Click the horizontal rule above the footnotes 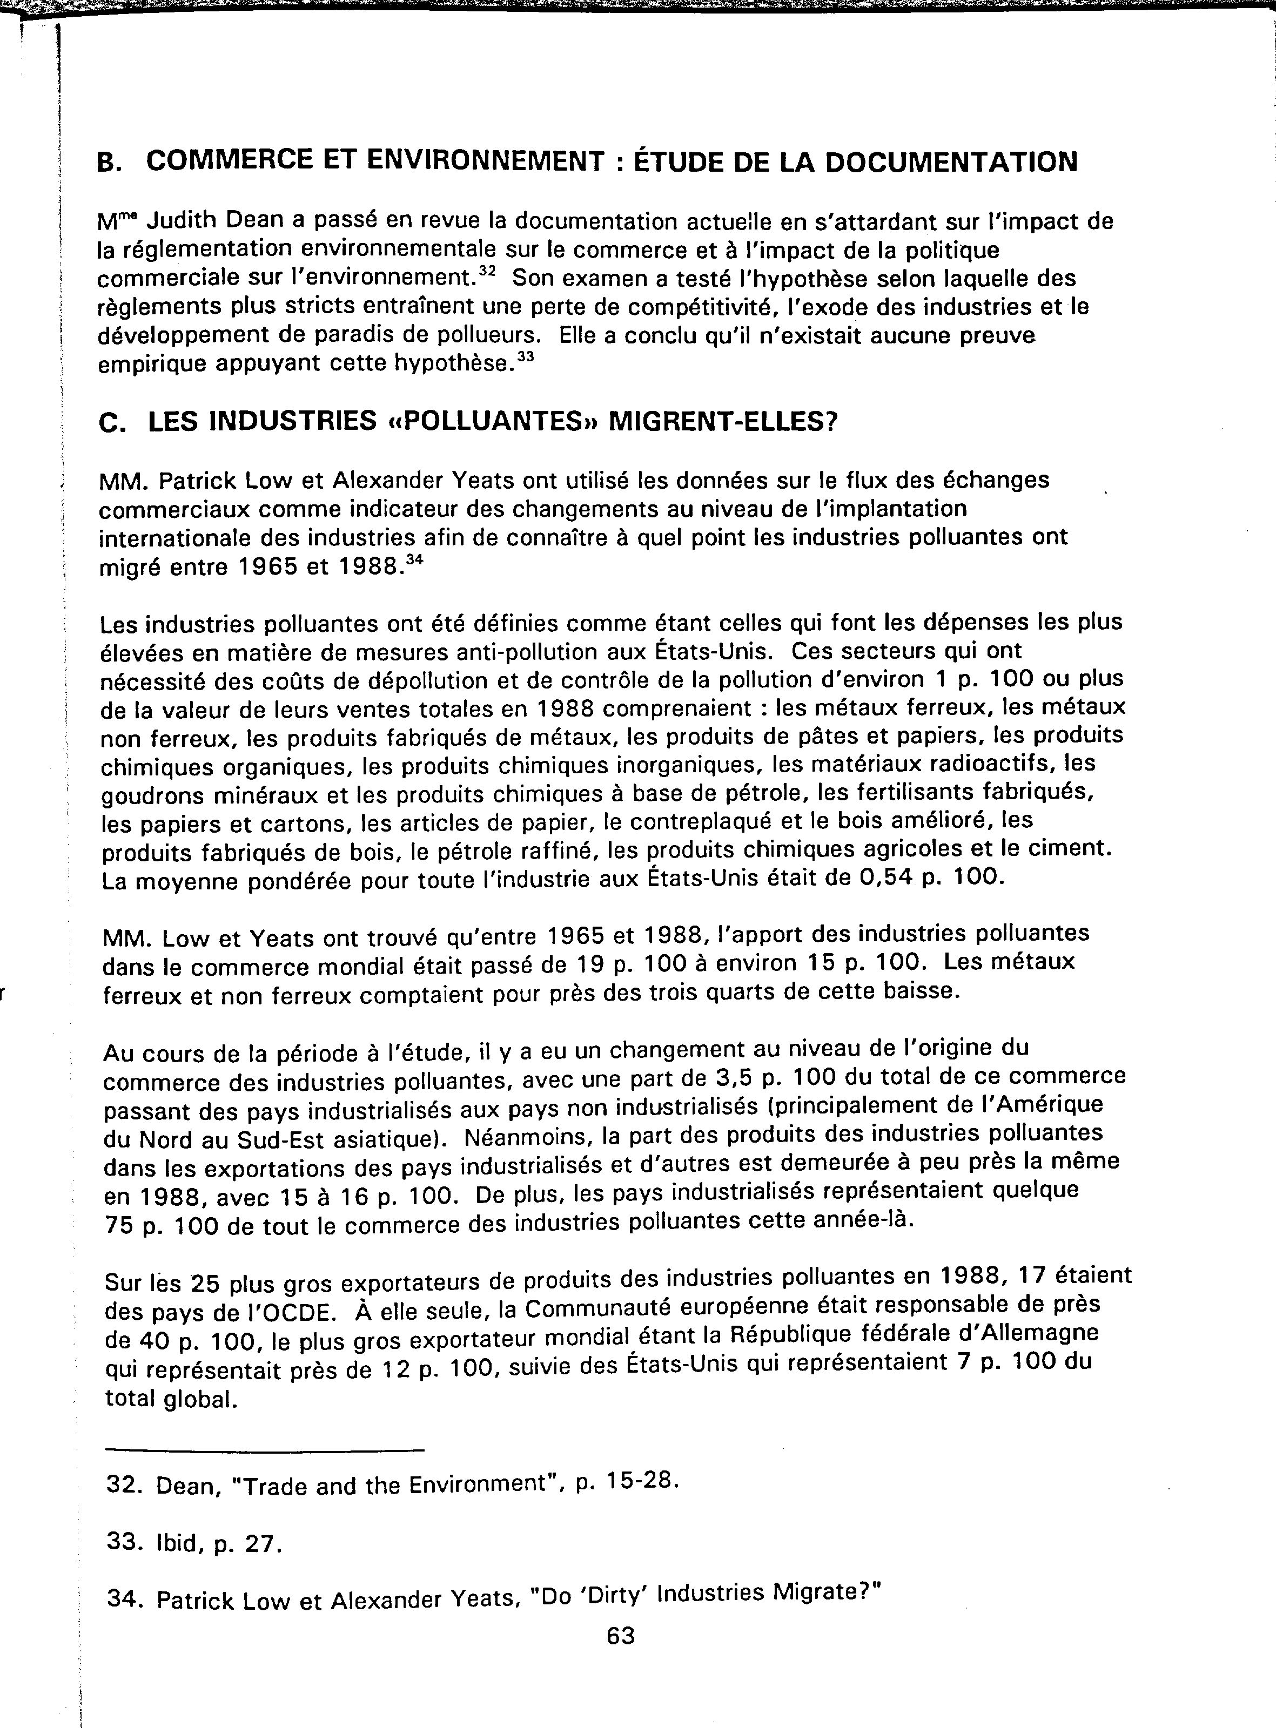point(264,1448)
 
